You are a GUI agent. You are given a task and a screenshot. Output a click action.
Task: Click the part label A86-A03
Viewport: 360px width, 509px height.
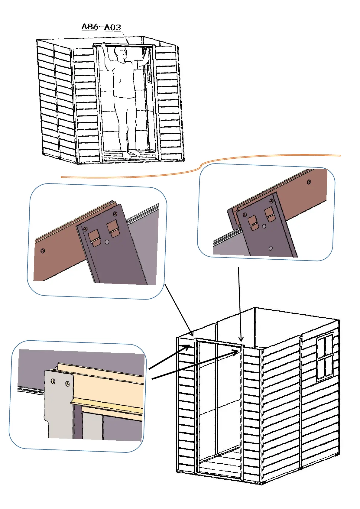point(101,27)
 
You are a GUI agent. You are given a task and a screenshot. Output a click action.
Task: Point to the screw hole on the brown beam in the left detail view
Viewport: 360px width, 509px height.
point(43,251)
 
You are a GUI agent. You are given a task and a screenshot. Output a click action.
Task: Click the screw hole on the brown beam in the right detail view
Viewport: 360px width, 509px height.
point(309,182)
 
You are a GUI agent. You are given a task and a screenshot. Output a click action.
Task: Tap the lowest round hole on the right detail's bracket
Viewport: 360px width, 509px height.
point(271,248)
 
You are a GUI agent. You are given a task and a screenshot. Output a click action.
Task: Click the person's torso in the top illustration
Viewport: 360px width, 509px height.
point(124,79)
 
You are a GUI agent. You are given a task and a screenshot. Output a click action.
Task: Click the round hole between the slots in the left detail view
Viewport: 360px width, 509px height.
point(107,242)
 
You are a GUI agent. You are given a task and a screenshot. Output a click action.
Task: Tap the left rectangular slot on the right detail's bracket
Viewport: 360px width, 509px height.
point(252,222)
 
